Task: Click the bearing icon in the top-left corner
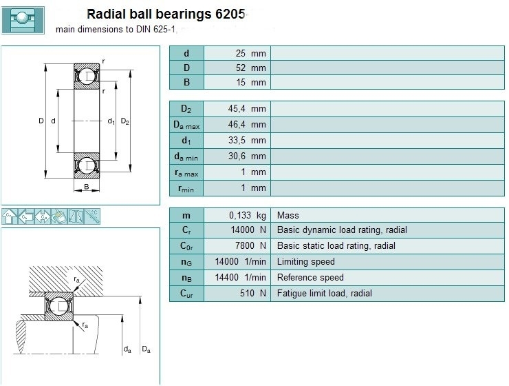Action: (x=23, y=20)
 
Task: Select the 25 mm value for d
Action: (x=250, y=53)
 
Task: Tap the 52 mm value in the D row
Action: (x=250, y=68)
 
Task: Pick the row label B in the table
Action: (x=186, y=82)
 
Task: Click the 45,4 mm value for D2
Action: (x=247, y=109)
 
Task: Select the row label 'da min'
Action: (x=186, y=157)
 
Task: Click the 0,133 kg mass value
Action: (x=248, y=215)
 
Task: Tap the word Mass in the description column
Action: (x=288, y=215)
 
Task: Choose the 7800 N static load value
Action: (x=250, y=246)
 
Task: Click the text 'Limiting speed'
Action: (x=306, y=262)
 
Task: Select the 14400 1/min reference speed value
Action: (x=240, y=277)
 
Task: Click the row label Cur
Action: (x=186, y=294)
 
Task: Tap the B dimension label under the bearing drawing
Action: (x=87, y=187)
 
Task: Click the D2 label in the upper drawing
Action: (x=125, y=121)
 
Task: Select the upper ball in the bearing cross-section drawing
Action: (x=87, y=76)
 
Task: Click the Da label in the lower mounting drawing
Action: (x=146, y=349)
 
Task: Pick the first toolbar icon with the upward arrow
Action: (x=10, y=216)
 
